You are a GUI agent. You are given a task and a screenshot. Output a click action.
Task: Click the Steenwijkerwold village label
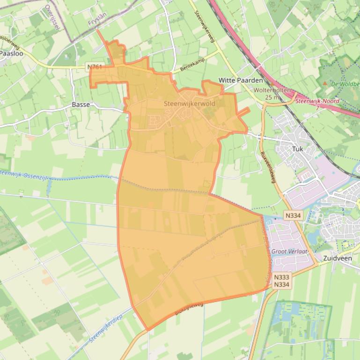(x=190, y=103)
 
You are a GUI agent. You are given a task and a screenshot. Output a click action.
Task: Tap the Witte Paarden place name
(x=241, y=80)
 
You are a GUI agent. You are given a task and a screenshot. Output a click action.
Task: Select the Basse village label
(x=81, y=105)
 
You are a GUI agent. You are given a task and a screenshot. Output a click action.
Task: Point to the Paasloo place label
(x=8, y=54)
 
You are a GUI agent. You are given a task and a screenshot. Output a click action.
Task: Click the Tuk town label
(x=298, y=148)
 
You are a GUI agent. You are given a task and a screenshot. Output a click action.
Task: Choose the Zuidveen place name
(x=337, y=258)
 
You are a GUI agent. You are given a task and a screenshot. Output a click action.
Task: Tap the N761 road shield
(x=95, y=67)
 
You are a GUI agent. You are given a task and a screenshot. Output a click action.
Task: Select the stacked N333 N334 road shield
(x=281, y=281)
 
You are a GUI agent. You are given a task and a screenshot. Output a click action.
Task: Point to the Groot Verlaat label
(x=289, y=251)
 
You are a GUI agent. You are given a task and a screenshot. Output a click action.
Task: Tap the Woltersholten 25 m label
(x=272, y=94)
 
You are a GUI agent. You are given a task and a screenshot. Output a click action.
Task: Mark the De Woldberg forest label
(x=345, y=84)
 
